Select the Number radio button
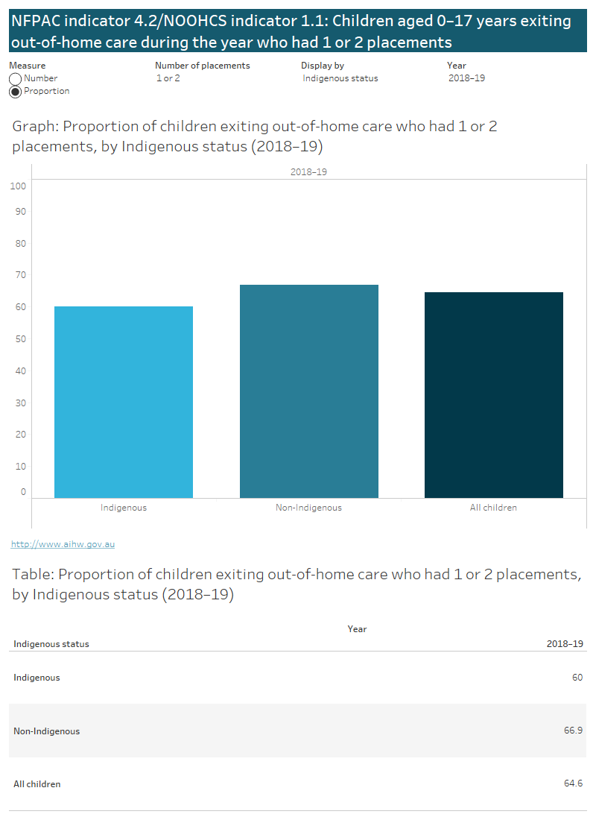(15, 78)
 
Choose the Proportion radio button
(15, 92)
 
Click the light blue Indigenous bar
(124, 402)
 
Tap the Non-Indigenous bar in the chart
(308, 391)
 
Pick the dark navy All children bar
(493, 394)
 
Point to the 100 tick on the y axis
(19, 186)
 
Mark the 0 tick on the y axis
(23, 492)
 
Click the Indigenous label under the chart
(124, 508)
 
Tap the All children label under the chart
(493, 508)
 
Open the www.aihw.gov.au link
(63, 544)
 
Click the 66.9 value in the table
(573, 731)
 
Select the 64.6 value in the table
(573, 783)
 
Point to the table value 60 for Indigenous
(577, 678)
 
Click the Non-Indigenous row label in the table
(46, 731)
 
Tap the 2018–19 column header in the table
(565, 644)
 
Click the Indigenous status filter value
(340, 78)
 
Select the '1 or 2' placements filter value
(168, 78)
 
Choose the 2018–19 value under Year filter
(466, 78)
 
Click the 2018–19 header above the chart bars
(308, 172)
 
